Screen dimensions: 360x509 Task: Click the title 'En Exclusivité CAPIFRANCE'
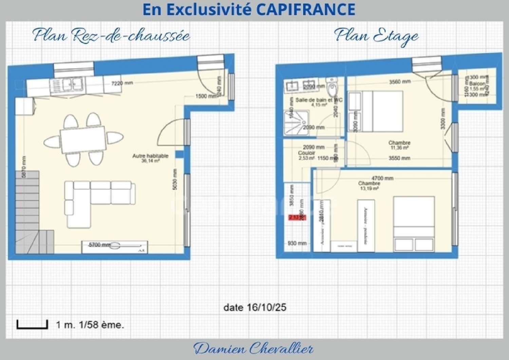249,10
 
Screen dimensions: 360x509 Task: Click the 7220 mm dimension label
122,83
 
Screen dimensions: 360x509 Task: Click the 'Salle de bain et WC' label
318,100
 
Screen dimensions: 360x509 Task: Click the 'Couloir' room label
306,153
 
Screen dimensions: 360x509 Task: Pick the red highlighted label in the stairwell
297,217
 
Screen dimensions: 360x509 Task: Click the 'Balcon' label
477,83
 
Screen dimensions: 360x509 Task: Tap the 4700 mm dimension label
382,178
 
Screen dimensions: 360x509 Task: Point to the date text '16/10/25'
266,308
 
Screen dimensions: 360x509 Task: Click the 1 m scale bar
32,325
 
